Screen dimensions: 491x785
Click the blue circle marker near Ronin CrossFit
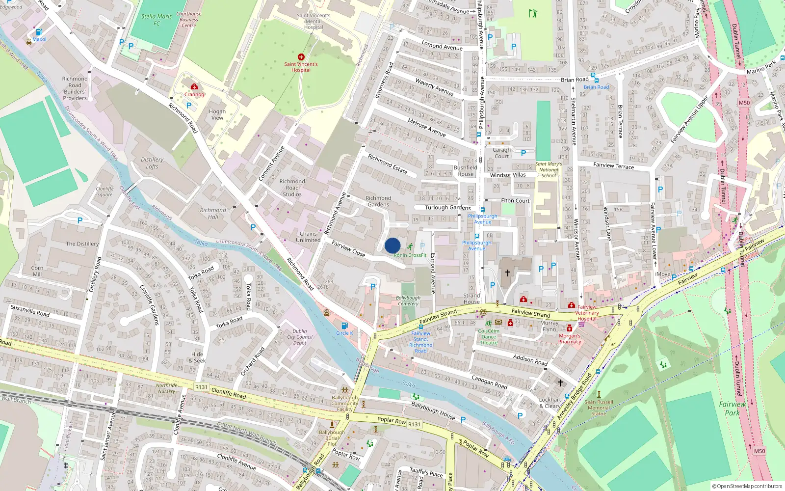pos(392,245)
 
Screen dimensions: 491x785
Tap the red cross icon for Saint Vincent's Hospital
pos(301,57)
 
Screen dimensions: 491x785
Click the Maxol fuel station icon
pos(39,32)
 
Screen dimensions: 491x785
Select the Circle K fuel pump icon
pos(344,326)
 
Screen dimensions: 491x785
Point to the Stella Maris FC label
pos(157,20)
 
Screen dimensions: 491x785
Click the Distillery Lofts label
pos(152,163)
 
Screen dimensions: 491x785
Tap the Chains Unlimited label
pos(308,237)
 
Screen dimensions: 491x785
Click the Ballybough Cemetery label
pos(408,300)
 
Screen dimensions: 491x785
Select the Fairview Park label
pos(732,409)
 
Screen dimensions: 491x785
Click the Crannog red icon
pos(194,86)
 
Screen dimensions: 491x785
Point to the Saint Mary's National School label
pos(549,170)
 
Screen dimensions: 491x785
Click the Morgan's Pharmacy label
pos(570,339)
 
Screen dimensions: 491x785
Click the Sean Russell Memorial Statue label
pos(599,408)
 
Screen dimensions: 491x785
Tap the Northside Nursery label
pos(166,388)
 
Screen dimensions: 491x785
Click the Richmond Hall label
pos(213,213)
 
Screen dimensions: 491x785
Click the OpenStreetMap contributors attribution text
pos(747,487)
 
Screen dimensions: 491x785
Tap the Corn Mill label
pos(37,271)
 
